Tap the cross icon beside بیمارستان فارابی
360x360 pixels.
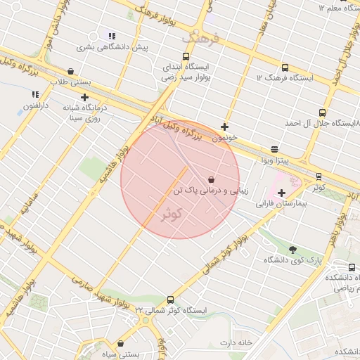[x=281, y=193]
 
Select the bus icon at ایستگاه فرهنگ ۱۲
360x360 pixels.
[x=285, y=68]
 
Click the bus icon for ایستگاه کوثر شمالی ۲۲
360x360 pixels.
[x=170, y=300]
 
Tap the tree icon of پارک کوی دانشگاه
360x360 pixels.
[x=292, y=249]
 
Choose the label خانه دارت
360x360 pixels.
[x=236, y=342]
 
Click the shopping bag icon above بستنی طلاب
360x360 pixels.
[x=71, y=71]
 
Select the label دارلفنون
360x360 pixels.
[x=35, y=105]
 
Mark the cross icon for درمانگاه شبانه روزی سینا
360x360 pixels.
[x=84, y=98]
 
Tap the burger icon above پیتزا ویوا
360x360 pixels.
[x=274, y=150]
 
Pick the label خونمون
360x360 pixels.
[x=224, y=138]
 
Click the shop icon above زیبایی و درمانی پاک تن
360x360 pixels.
[x=212, y=180]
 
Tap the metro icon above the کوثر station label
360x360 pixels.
[x=319, y=176]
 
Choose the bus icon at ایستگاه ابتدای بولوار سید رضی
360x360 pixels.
[x=186, y=57]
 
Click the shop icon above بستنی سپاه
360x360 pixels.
[x=121, y=344]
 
